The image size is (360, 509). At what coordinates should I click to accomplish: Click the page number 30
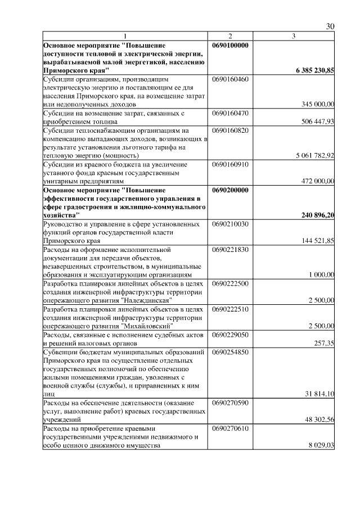(x=330, y=27)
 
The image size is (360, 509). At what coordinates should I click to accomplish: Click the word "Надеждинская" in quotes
(x=146, y=300)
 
